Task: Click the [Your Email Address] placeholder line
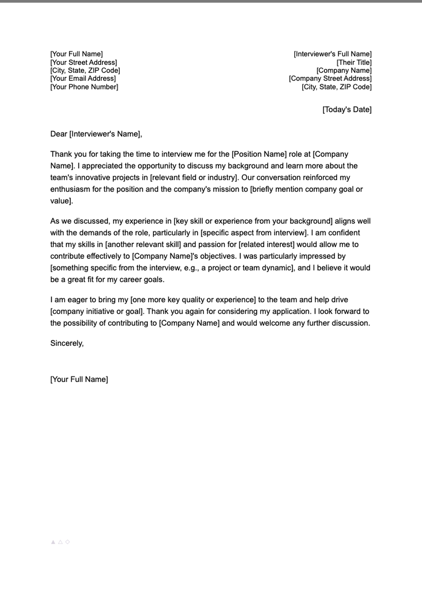pyautogui.click(x=83, y=79)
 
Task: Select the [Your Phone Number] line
pyautogui.click(x=84, y=87)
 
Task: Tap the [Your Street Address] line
pyautogui.click(x=84, y=63)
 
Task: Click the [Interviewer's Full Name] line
pyautogui.click(x=332, y=54)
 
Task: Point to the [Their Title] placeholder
pyautogui.click(x=354, y=63)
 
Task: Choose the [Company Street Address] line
pyautogui.click(x=330, y=79)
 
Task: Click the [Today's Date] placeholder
pyautogui.click(x=347, y=110)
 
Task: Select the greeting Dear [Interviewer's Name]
pyautogui.click(x=96, y=134)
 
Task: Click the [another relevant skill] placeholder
pyautogui.click(x=143, y=244)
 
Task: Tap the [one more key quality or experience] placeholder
pyautogui.click(x=193, y=300)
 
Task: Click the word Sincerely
pyautogui.click(x=67, y=343)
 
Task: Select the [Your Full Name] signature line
pyautogui.click(x=79, y=379)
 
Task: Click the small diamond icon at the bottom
pyautogui.click(x=68, y=542)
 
